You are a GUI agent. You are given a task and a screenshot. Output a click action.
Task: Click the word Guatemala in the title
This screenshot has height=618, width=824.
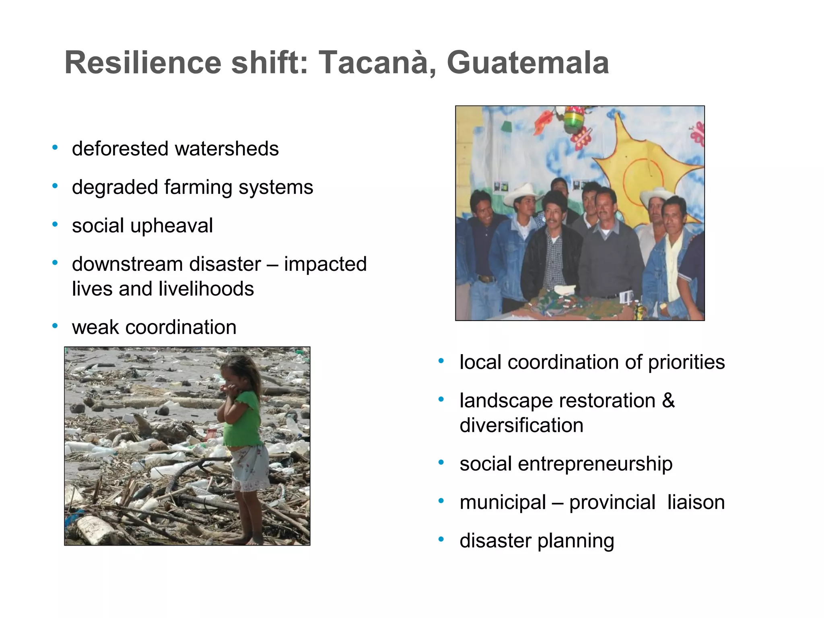pyautogui.click(x=527, y=63)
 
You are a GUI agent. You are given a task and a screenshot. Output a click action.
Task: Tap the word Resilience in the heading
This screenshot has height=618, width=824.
pyautogui.click(x=143, y=63)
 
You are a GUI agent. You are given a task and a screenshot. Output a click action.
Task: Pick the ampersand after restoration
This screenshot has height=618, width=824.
pyautogui.click(x=668, y=400)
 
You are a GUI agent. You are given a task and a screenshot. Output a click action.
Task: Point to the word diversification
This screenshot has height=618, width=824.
pyautogui.click(x=521, y=425)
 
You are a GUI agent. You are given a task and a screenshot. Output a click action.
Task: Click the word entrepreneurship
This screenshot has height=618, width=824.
pyautogui.click(x=595, y=464)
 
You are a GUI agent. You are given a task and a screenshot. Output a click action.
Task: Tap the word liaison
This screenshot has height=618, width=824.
pyautogui.click(x=696, y=503)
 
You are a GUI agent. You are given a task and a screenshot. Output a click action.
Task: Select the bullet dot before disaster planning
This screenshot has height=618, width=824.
pyautogui.click(x=441, y=539)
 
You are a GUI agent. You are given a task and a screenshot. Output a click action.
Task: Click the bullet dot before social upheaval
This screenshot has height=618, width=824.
pyautogui.click(x=55, y=224)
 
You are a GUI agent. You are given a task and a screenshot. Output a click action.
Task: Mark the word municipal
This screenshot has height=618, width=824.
pyautogui.click(x=503, y=503)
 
